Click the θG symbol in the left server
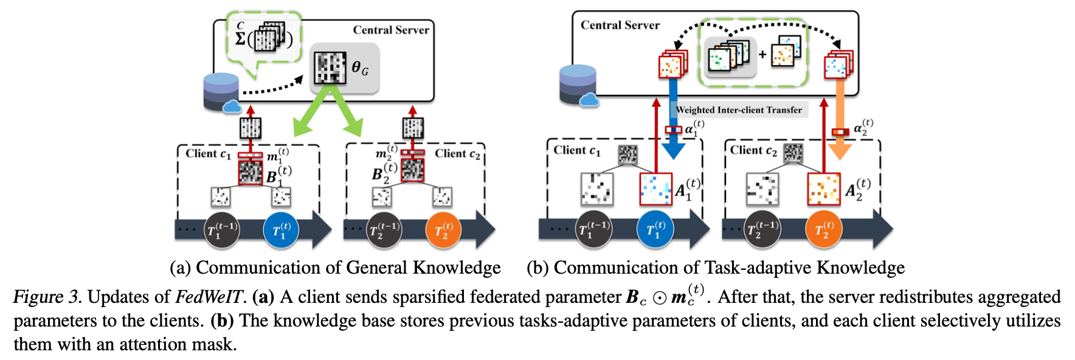click(x=359, y=68)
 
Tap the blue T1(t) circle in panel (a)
click(x=281, y=230)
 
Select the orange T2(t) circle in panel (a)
click(x=443, y=230)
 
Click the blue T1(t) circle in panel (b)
click(x=655, y=230)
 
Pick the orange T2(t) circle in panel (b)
click(x=823, y=230)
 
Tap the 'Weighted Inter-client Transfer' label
click(x=739, y=110)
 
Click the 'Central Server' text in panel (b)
click(x=620, y=25)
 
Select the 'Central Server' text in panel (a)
click(x=391, y=30)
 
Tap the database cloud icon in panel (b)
click(x=578, y=85)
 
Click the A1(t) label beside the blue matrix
click(x=688, y=189)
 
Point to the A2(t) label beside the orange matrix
click(x=858, y=189)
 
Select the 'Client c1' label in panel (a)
click(x=208, y=154)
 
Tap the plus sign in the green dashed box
click(x=762, y=55)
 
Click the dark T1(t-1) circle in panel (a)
click(x=221, y=230)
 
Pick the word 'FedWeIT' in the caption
click(x=209, y=297)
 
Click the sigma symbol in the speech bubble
click(x=240, y=38)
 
